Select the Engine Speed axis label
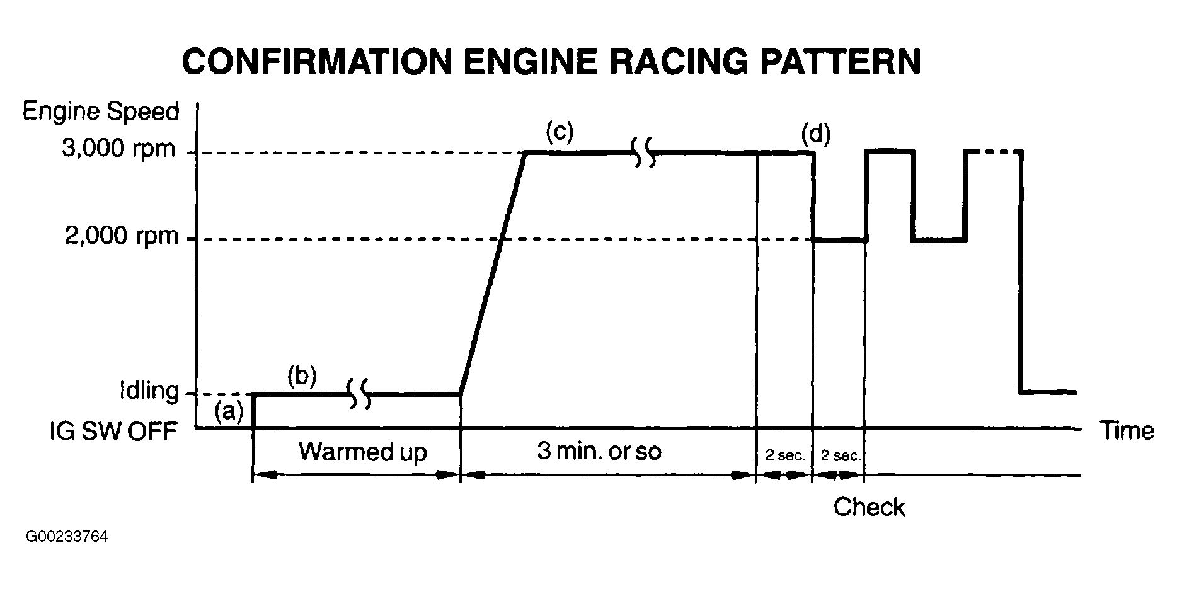click(x=101, y=112)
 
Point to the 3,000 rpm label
click(x=118, y=149)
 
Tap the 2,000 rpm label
click(x=122, y=237)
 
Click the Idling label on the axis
click(x=149, y=391)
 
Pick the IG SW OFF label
click(x=113, y=432)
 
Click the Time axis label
click(x=1127, y=431)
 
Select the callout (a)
click(x=228, y=411)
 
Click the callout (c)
click(x=560, y=132)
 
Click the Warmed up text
click(x=362, y=452)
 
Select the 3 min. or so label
click(x=599, y=451)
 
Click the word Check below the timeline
click(x=869, y=507)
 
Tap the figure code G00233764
click(x=67, y=537)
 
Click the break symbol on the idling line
click(x=360, y=394)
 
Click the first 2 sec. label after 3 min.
click(x=785, y=455)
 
